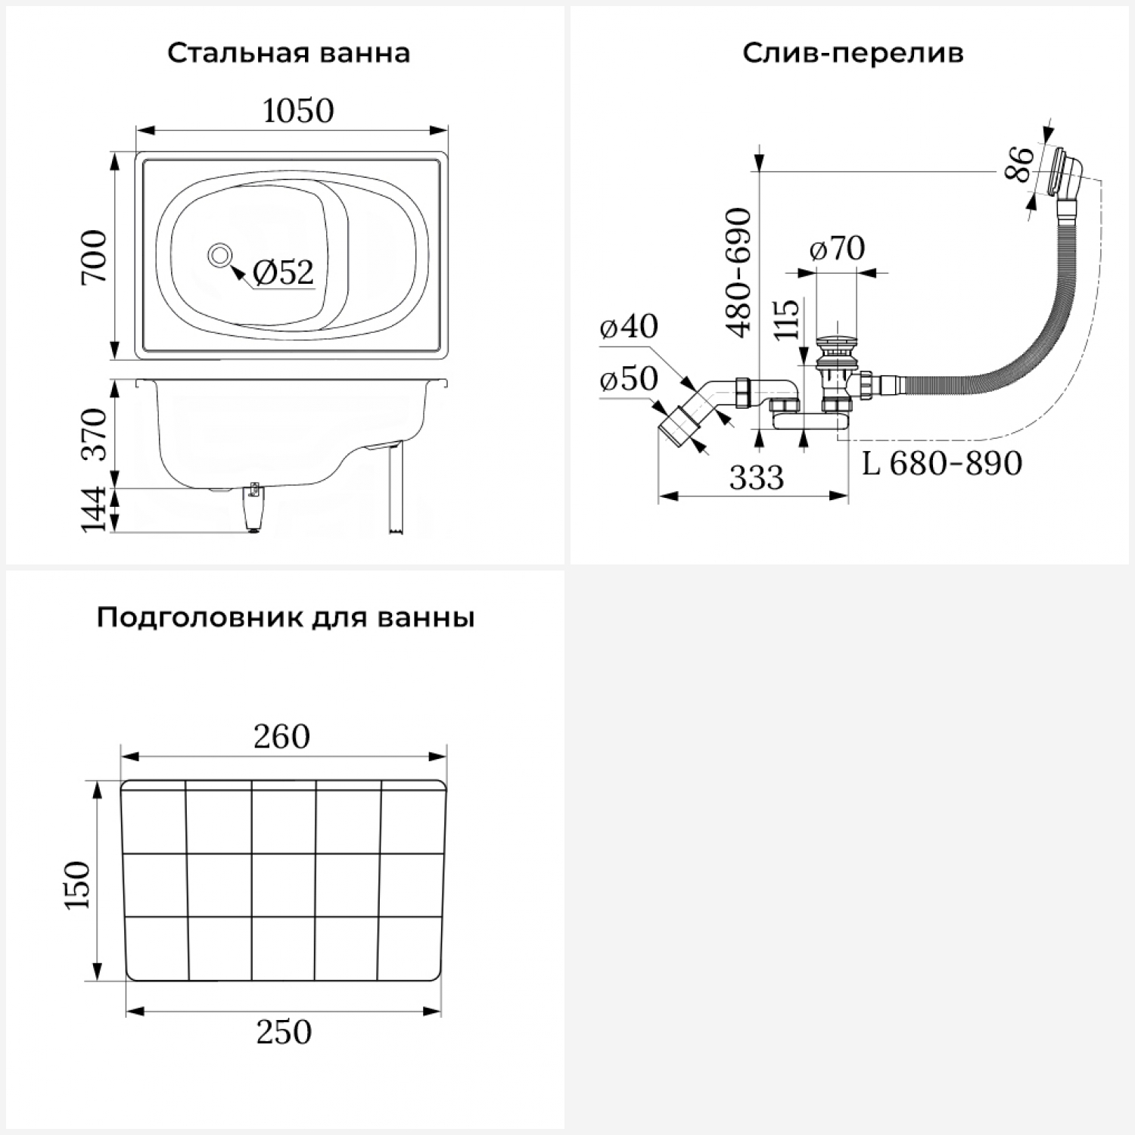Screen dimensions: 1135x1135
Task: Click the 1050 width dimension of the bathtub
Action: pyautogui.click(x=298, y=111)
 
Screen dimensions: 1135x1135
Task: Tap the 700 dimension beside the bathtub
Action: pyautogui.click(x=96, y=257)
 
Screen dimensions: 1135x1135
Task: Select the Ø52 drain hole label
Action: pyautogui.click(x=283, y=272)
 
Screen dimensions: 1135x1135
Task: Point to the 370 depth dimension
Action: pyautogui.click(x=96, y=434)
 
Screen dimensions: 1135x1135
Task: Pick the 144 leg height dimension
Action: pyautogui.click(x=96, y=510)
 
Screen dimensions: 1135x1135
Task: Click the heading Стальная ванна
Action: pyautogui.click(x=288, y=54)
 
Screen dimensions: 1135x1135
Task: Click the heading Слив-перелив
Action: pyautogui.click(x=853, y=54)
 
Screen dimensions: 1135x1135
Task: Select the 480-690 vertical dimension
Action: pyautogui.click(x=739, y=272)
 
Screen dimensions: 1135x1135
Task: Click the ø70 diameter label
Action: pyautogui.click(x=837, y=248)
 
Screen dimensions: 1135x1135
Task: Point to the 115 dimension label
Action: pyautogui.click(x=787, y=320)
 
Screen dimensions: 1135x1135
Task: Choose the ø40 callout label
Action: pyautogui.click(x=629, y=326)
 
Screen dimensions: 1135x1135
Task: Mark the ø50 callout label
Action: pyautogui.click(x=629, y=378)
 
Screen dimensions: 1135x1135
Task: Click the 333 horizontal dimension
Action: pyautogui.click(x=757, y=478)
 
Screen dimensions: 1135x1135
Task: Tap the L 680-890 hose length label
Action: pyautogui.click(x=942, y=463)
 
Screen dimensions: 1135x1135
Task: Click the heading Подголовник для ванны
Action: pyautogui.click(x=285, y=618)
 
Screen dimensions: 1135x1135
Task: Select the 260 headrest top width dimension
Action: pyautogui.click(x=282, y=736)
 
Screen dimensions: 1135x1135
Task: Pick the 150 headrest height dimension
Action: pyautogui.click(x=78, y=884)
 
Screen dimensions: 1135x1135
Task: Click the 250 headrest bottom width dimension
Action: pyautogui.click(x=284, y=1032)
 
